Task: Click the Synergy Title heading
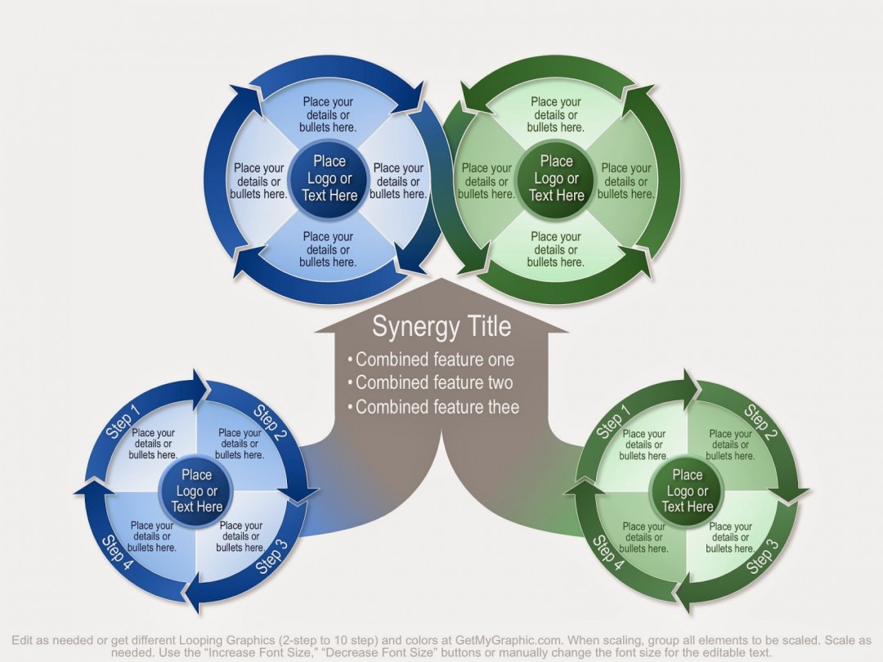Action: click(441, 327)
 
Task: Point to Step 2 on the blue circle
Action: click(270, 422)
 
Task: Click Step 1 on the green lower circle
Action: click(613, 421)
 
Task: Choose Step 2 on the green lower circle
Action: click(760, 422)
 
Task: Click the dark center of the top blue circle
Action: click(329, 178)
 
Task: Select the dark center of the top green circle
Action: click(557, 178)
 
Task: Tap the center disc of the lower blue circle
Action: click(197, 490)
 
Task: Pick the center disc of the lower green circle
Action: click(688, 490)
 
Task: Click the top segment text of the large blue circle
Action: click(328, 114)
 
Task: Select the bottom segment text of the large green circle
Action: click(555, 249)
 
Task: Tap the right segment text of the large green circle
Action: click(625, 181)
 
